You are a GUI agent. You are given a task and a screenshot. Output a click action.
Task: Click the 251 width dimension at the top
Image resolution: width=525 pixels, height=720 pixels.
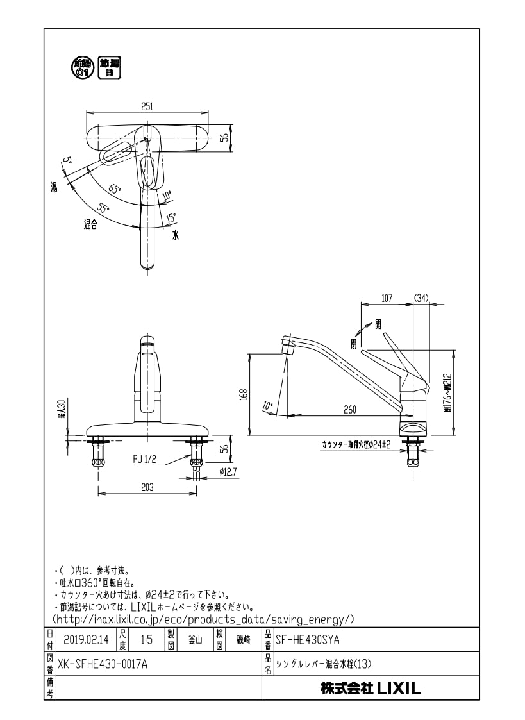[x=147, y=106]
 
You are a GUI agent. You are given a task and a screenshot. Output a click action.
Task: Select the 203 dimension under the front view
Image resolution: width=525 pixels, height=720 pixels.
[x=147, y=487]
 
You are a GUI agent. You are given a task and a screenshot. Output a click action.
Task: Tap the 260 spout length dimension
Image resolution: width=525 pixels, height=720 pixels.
[x=349, y=410]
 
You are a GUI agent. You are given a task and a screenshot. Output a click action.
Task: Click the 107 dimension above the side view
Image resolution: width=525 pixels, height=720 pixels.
[x=387, y=297]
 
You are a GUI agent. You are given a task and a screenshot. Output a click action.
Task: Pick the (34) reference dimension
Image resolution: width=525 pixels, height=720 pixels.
[x=421, y=297]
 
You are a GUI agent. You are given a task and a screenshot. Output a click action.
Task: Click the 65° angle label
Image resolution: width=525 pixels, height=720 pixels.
[x=114, y=189]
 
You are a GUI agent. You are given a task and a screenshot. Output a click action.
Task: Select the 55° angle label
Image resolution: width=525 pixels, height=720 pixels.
[x=103, y=208]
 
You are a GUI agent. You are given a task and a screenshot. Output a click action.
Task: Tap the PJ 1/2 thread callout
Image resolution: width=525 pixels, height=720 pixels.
[x=146, y=459]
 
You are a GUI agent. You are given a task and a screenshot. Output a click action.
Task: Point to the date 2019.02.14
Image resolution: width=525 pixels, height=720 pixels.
[x=87, y=640]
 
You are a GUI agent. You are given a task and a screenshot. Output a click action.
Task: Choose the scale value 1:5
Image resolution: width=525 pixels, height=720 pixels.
[x=146, y=640]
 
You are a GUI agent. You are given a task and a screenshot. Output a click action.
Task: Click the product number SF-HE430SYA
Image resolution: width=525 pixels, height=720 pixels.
[x=307, y=640]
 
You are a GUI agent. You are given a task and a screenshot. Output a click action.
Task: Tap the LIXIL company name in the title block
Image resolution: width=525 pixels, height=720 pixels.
[x=371, y=689]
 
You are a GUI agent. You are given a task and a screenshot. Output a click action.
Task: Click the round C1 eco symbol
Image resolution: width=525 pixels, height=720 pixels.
[x=81, y=67]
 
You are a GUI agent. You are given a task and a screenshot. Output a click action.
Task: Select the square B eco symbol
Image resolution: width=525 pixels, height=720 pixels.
[x=108, y=67]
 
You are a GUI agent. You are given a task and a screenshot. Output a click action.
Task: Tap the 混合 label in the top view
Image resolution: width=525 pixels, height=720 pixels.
[x=90, y=224]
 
